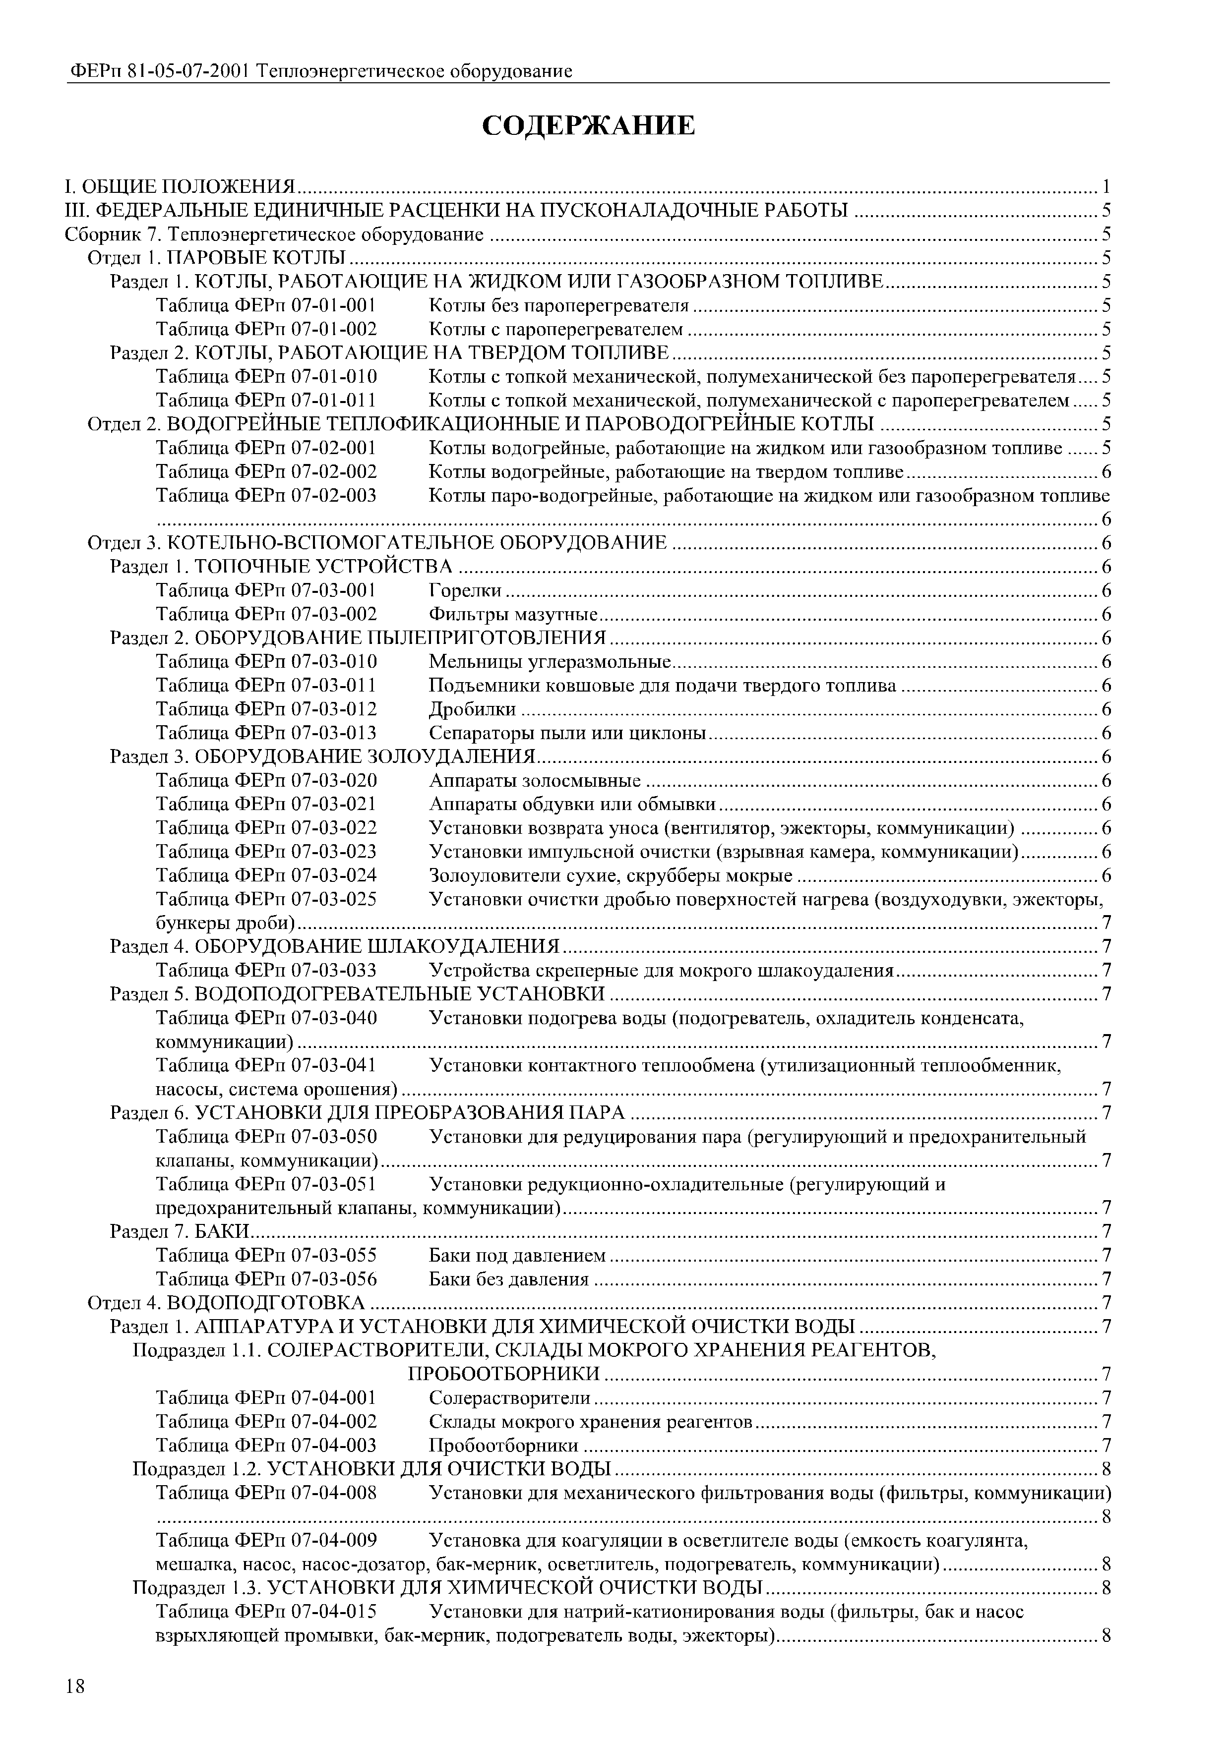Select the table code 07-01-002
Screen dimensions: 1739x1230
pyautogui.click(x=334, y=329)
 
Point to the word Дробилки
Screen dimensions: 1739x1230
pyautogui.click(x=472, y=709)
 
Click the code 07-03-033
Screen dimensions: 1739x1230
pyautogui.click(x=334, y=970)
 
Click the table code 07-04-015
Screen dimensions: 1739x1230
pyautogui.click(x=334, y=1611)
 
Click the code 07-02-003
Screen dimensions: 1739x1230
pyautogui.click(x=334, y=495)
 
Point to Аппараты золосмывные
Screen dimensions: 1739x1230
pyautogui.click(x=534, y=780)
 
